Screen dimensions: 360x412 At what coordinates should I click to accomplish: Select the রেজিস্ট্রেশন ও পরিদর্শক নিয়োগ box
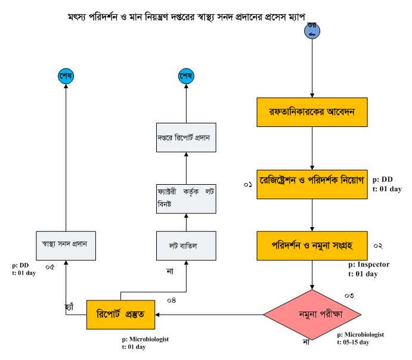312,178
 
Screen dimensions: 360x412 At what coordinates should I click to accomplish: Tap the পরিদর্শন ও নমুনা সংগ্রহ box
312,245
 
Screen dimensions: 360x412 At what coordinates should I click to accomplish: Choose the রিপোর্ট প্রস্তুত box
121,314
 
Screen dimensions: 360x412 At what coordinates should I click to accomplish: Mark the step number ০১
248,186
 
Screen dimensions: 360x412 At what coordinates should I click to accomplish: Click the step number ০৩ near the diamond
349,296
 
